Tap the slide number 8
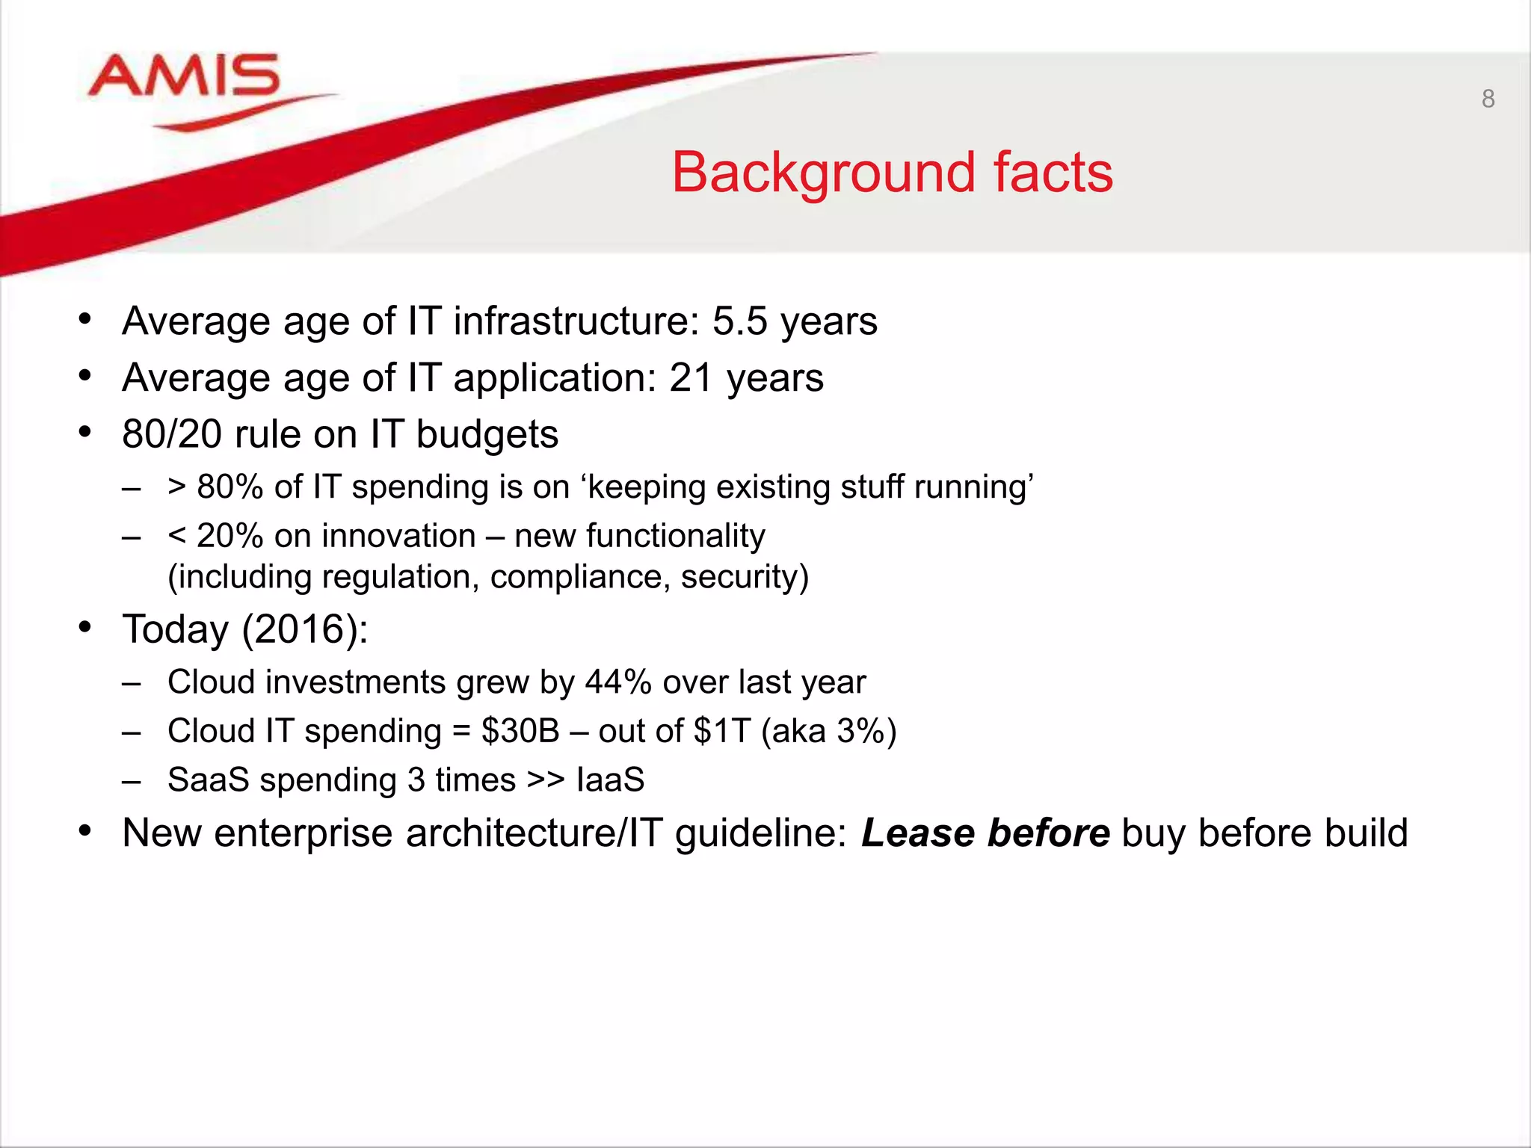pos(1488,99)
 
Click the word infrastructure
pos(576,321)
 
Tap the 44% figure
pos(618,682)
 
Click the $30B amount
pos(520,731)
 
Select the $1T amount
pos(721,731)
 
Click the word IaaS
pos(610,780)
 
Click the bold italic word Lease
pos(917,833)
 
